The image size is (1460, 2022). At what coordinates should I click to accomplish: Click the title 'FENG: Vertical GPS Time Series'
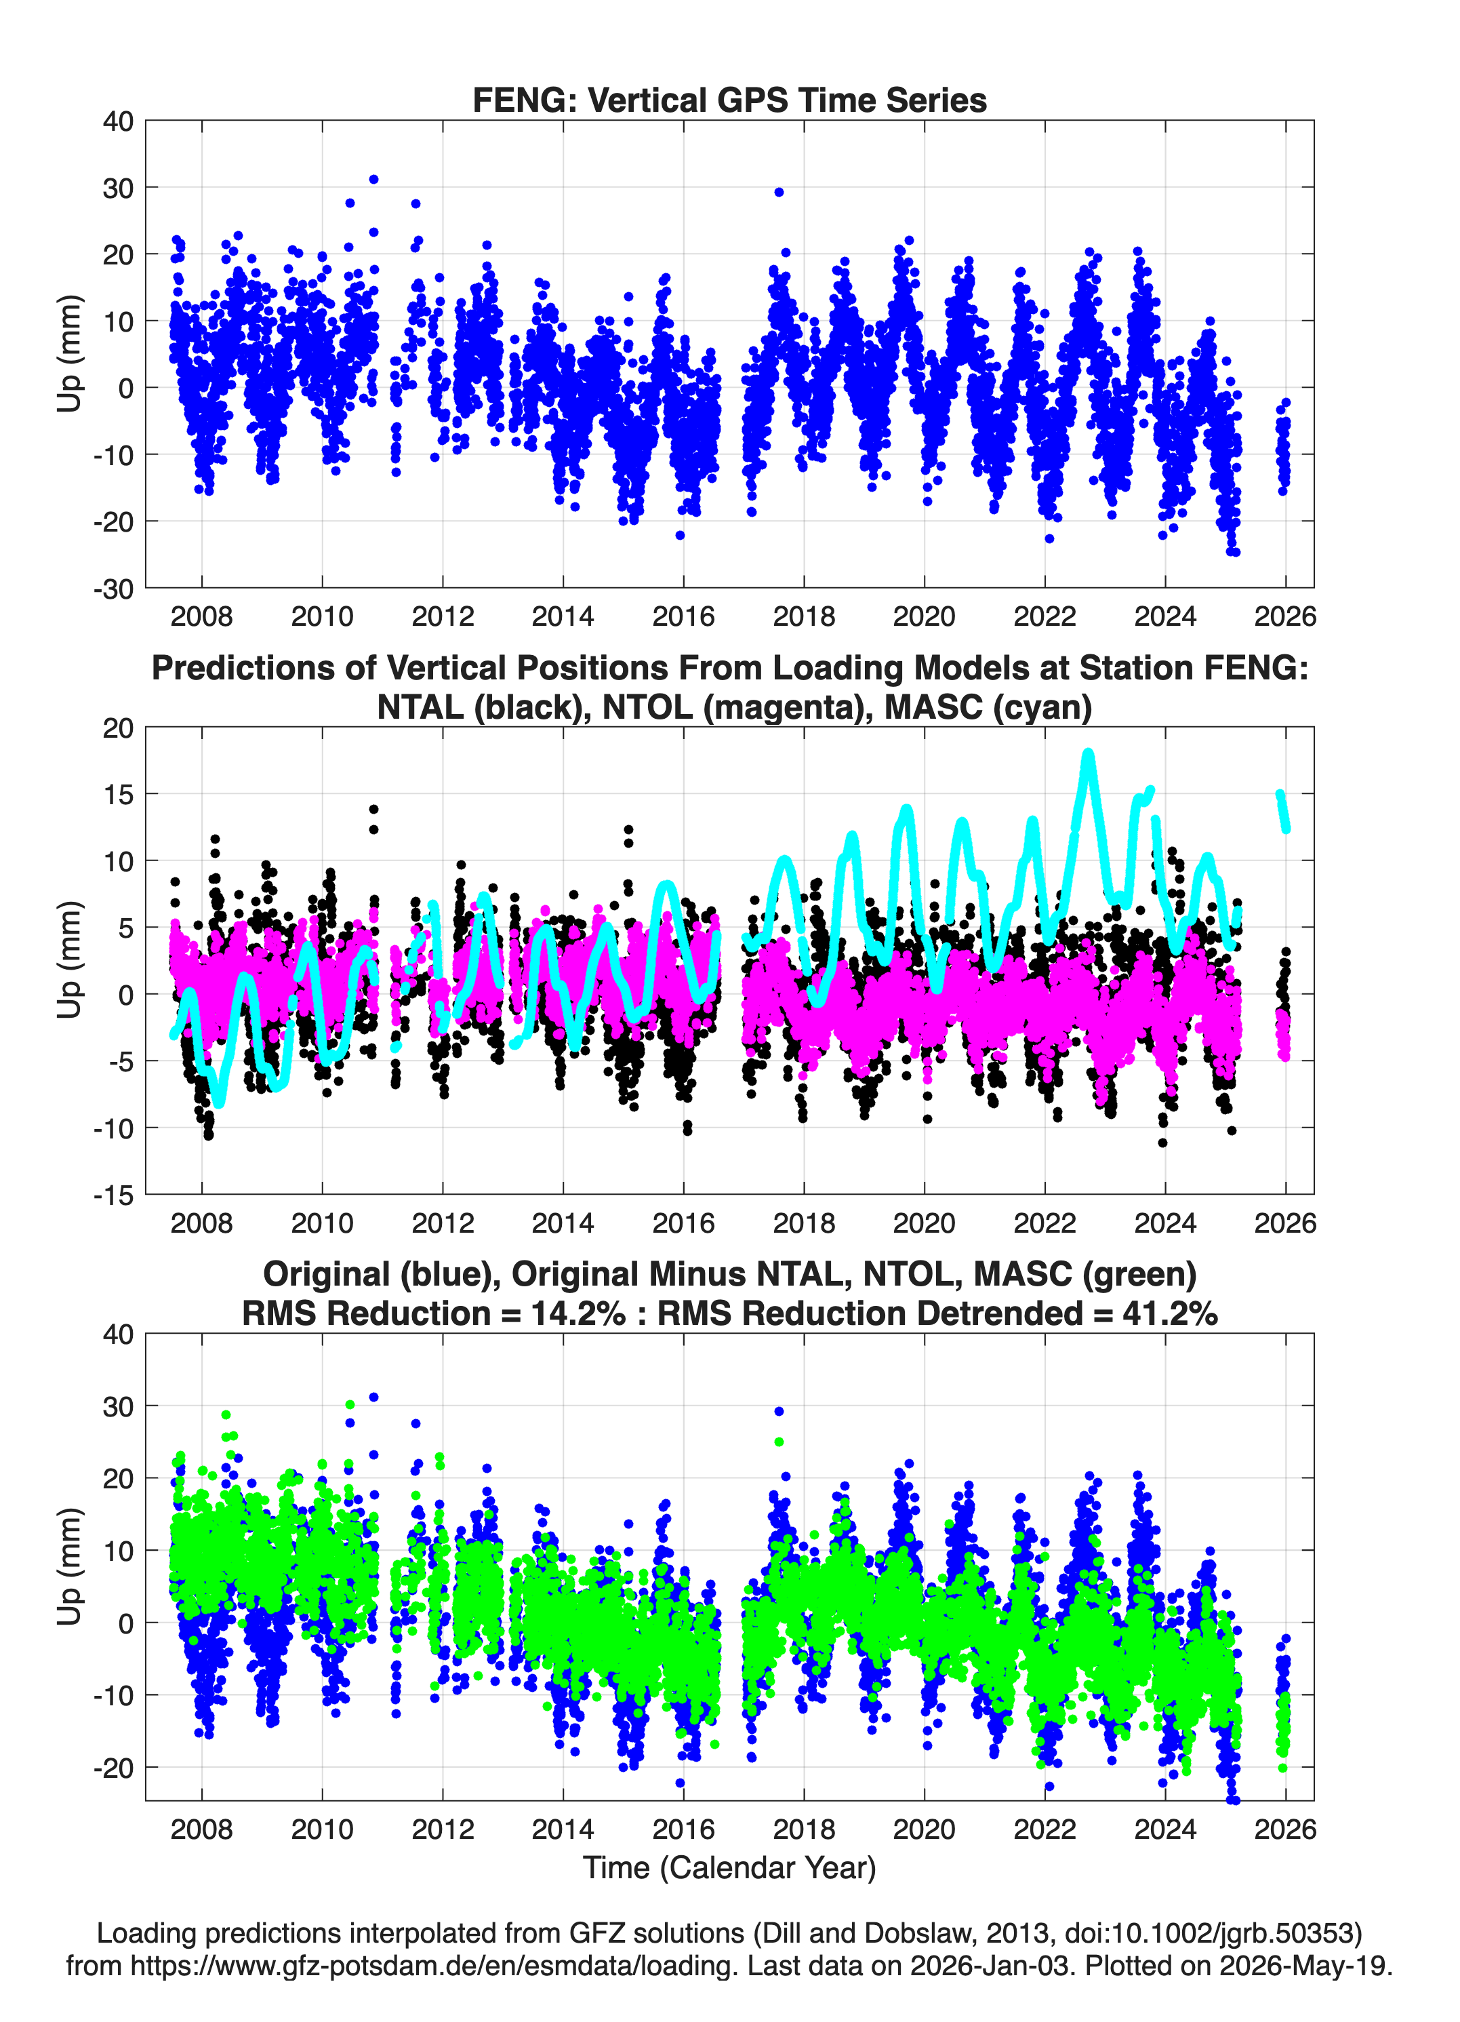(x=729, y=100)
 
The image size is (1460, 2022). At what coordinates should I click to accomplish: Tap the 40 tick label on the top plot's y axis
(x=118, y=121)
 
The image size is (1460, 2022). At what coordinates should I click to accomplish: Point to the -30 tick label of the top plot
(x=113, y=589)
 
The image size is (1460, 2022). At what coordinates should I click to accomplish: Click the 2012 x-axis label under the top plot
(x=443, y=616)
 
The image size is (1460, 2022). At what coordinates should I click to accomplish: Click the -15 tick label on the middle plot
(x=113, y=1195)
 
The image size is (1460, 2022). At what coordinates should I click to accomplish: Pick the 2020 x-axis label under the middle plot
(x=925, y=1223)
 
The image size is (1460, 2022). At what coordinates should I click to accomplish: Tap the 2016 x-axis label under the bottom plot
(x=684, y=1829)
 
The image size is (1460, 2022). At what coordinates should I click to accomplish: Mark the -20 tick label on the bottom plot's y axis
(x=113, y=1768)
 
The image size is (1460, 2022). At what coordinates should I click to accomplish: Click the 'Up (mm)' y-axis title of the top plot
(x=70, y=354)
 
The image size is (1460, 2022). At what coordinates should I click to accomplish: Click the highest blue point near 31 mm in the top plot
(x=373, y=179)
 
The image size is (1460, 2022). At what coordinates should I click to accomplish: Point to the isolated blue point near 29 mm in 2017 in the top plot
(x=779, y=192)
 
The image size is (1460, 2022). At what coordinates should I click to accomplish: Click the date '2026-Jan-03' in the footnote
(x=990, y=1966)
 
